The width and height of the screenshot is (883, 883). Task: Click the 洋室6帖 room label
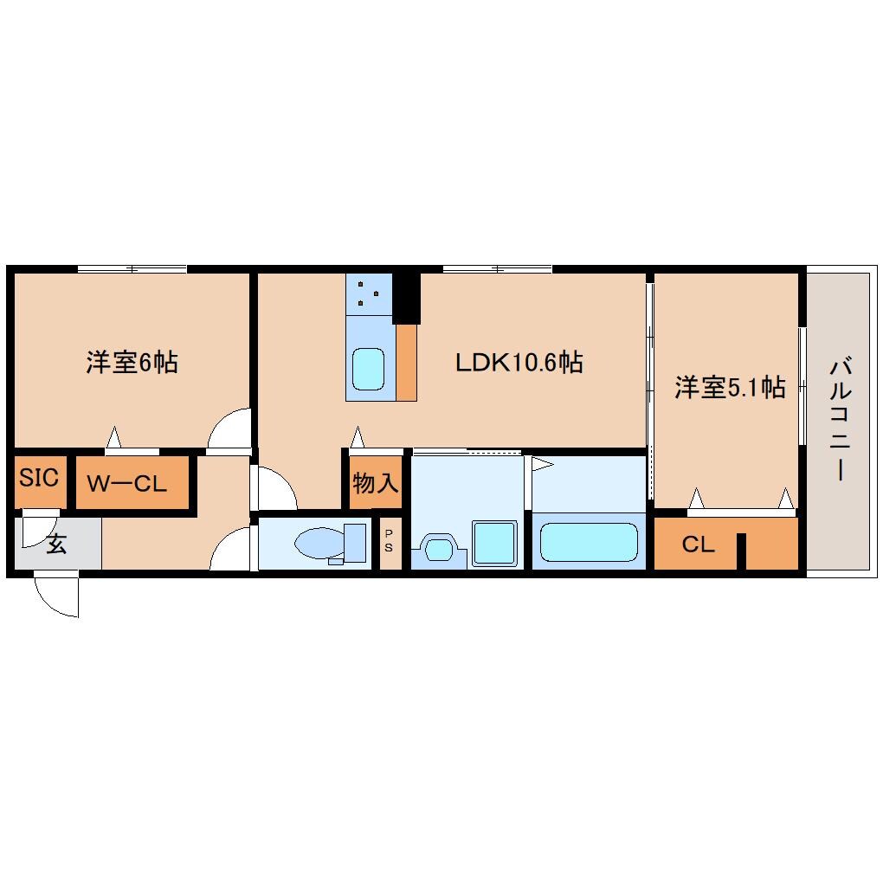(x=132, y=362)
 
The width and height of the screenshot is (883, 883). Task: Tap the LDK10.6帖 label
(x=519, y=362)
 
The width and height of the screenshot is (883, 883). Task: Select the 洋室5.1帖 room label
(x=730, y=388)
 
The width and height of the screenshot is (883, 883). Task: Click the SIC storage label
(x=39, y=477)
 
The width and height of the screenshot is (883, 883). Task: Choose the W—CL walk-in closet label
(x=127, y=484)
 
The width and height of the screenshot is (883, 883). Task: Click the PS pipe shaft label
(x=389, y=541)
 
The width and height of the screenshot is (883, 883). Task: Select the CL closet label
(x=698, y=545)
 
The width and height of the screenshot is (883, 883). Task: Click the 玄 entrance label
(x=56, y=545)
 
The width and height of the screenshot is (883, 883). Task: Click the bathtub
(x=589, y=542)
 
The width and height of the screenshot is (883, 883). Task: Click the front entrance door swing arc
(x=56, y=597)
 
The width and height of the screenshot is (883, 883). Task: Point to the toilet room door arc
(x=232, y=550)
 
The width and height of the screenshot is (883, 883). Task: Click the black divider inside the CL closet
(x=741, y=551)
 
